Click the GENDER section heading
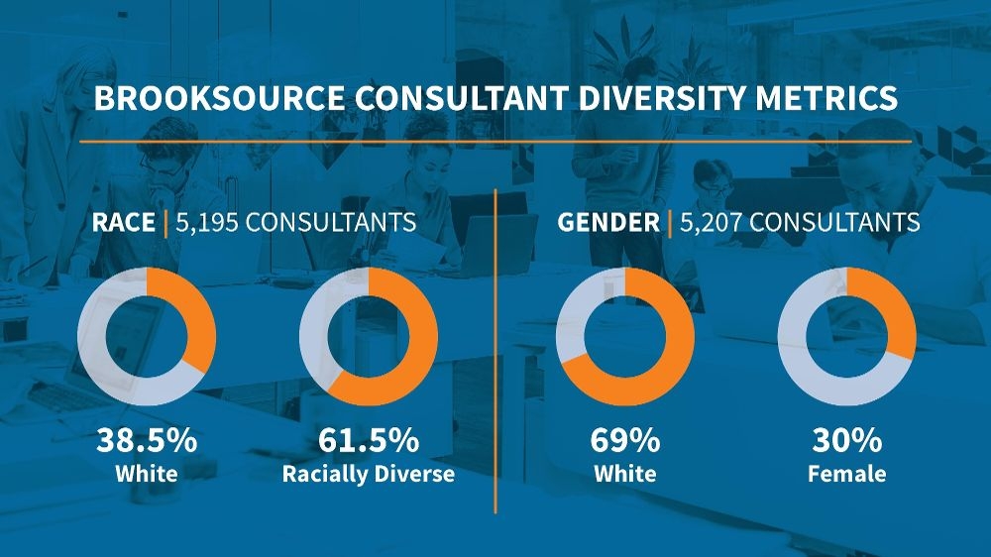click(607, 221)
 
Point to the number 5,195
click(206, 221)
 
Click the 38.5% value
click(146, 440)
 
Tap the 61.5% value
click(369, 440)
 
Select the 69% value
click(624, 440)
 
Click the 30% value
click(846, 440)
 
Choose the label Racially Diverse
click(369, 474)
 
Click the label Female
click(846, 474)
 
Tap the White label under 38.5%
click(146, 474)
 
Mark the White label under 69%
click(624, 474)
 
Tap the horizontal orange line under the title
click(495, 142)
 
